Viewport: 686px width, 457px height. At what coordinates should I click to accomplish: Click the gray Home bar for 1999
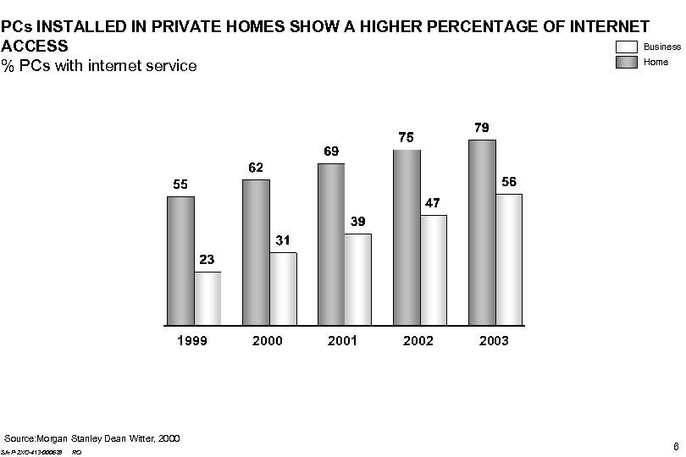[180, 261]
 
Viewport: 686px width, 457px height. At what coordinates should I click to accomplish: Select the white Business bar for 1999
[207, 298]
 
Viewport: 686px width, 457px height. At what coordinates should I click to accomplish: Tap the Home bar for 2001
[331, 244]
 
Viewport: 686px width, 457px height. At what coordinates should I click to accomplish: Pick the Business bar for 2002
[433, 270]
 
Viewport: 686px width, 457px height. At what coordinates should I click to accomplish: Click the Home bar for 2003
[482, 232]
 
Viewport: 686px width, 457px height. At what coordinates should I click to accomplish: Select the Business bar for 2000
[283, 289]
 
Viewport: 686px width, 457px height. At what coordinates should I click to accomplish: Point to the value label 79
[481, 128]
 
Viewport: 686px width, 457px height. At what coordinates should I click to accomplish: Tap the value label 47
[433, 203]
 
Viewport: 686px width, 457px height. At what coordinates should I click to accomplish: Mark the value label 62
[255, 168]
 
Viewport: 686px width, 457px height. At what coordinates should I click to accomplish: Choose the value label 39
[358, 222]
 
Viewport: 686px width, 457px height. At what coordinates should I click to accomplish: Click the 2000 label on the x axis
[268, 341]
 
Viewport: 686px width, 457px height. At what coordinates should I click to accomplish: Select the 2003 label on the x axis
[494, 341]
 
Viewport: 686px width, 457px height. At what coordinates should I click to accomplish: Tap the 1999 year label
[192, 341]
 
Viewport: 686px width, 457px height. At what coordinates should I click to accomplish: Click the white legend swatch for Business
[627, 47]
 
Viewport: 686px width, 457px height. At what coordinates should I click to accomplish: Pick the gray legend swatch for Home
[627, 62]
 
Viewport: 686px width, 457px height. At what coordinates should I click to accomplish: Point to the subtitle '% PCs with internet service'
[99, 65]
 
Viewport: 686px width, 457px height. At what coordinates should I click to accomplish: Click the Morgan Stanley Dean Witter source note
[92, 438]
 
